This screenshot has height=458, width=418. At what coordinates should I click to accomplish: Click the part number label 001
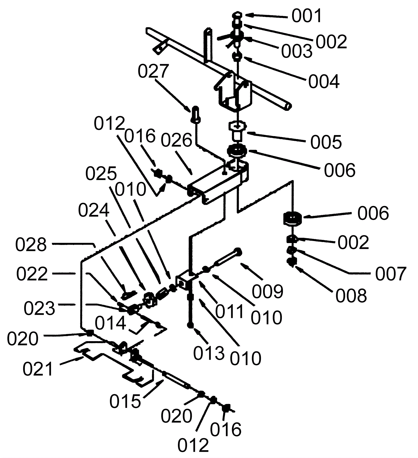tap(307, 16)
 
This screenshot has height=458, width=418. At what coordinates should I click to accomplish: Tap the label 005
tap(326, 142)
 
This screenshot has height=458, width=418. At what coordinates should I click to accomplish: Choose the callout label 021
tap(38, 369)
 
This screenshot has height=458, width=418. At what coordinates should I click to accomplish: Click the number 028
tap(31, 245)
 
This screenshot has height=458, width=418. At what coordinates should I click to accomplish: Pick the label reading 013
tap(209, 353)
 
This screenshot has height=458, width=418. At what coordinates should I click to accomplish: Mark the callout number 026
tap(176, 141)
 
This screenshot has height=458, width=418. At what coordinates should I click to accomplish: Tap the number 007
tap(391, 274)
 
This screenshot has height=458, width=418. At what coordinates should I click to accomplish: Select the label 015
tap(125, 401)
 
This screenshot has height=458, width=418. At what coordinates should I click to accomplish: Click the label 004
tap(324, 82)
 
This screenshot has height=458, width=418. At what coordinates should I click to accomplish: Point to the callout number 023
tap(39, 308)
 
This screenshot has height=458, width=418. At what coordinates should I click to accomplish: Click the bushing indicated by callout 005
tap(237, 130)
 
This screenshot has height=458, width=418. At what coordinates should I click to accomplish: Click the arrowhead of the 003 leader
tap(248, 39)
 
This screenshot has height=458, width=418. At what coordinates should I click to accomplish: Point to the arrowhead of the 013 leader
tap(195, 330)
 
